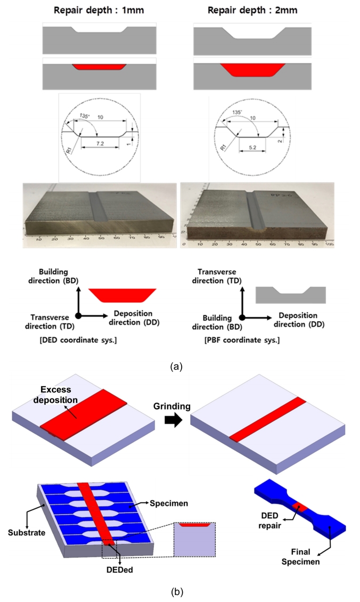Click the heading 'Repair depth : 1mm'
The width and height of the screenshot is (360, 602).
[100, 10]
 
